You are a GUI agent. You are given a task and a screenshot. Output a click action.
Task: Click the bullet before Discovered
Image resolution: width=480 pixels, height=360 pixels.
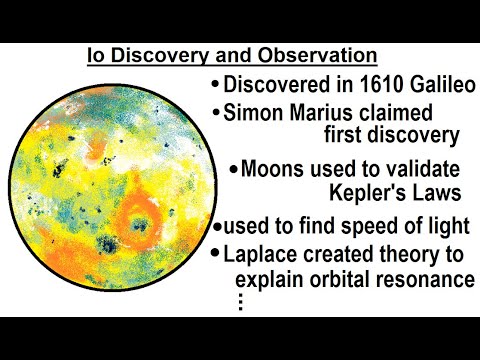[216, 86]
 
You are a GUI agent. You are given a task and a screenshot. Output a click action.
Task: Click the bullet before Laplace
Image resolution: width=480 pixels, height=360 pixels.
[217, 255]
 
